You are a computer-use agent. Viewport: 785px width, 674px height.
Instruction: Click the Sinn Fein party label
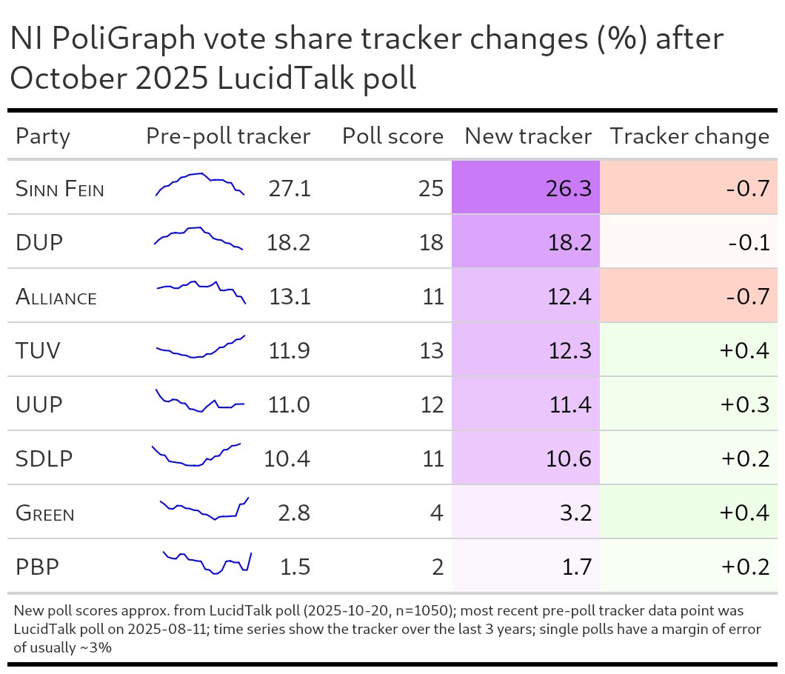(x=59, y=189)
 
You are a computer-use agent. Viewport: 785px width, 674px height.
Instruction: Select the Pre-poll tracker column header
(x=228, y=136)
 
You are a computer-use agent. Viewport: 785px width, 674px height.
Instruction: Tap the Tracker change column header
(x=689, y=136)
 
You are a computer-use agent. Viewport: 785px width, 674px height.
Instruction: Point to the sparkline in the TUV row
(x=200, y=347)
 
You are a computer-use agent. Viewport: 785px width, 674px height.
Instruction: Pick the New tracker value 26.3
(x=567, y=189)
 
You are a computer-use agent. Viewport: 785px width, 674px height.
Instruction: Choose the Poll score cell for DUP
(x=431, y=243)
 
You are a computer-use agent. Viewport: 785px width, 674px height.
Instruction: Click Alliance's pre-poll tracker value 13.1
(x=290, y=297)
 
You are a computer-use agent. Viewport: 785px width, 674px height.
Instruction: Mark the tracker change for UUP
(x=744, y=405)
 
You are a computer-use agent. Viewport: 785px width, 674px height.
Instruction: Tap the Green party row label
(x=44, y=513)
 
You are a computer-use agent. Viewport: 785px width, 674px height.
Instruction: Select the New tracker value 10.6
(x=567, y=459)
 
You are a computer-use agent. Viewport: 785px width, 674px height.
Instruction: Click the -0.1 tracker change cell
(x=748, y=243)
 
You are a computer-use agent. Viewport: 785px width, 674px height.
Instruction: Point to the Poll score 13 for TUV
(x=431, y=351)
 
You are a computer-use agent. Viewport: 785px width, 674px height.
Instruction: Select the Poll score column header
(x=392, y=136)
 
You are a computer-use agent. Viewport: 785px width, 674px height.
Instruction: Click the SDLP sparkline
(x=196, y=456)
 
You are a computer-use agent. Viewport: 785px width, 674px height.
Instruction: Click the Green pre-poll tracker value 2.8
(x=294, y=513)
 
